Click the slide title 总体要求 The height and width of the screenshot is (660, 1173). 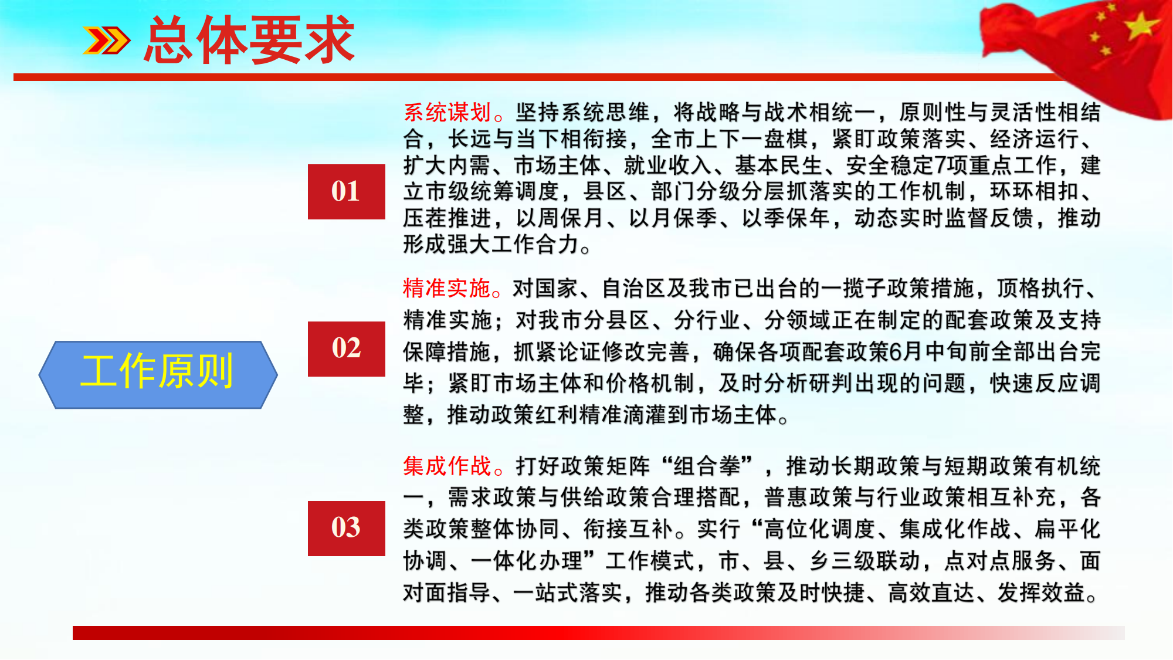(x=249, y=40)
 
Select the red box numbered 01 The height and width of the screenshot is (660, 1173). (x=346, y=192)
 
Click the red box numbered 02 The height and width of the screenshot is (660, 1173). (x=346, y=348)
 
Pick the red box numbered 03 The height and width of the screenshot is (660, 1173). (x=346, y=528)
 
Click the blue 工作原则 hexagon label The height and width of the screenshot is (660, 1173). (x=158, y=374)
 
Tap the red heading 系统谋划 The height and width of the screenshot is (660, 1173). (x=447, y=112)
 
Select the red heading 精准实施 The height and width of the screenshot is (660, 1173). (x=447, y=288)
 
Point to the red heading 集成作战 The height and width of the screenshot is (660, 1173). (x=447, y=466)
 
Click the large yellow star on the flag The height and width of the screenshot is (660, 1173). (x=1141, y=25)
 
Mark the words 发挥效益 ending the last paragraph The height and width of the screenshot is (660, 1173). (x=1042, y=593)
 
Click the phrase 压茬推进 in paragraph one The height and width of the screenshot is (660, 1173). (x=447, y=218)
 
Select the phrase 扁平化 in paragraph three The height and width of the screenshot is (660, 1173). (x=1067, y=529)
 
